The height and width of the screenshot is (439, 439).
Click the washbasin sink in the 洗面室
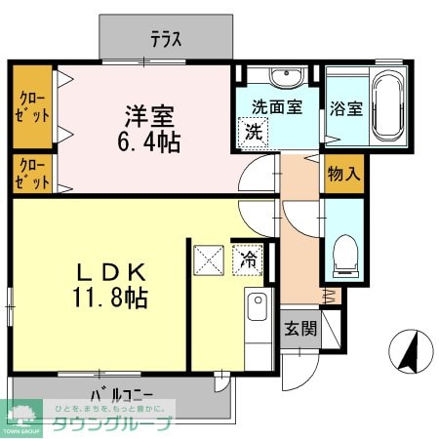click(x=284, y=77)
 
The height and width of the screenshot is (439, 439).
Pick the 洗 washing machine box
click(x=251, y=131)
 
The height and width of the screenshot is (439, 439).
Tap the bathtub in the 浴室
click(x=387, y=105)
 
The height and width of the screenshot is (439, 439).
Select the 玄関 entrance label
click(x=301, y=329)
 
